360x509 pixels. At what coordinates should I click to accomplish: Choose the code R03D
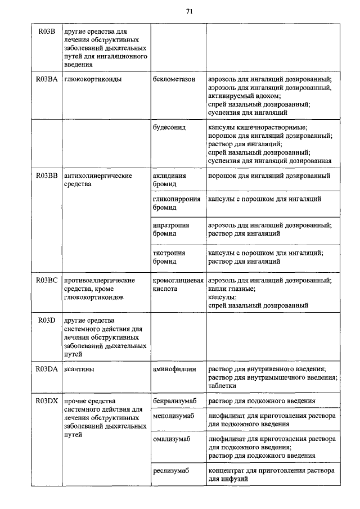pos(46,320)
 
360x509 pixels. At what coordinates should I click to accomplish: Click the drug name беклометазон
pos(174,79)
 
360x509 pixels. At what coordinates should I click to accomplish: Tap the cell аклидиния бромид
pos(169,180)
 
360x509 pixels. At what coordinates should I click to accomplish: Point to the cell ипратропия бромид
pos(170,229)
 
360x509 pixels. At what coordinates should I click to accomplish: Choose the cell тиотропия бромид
pos(169,257)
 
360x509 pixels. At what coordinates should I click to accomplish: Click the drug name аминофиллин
pos(174,369)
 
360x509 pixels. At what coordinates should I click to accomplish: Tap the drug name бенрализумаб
pos(175,401)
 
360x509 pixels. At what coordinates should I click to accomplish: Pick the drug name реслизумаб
pos(170,470)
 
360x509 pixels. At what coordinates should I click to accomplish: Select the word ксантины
pos(79,369)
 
